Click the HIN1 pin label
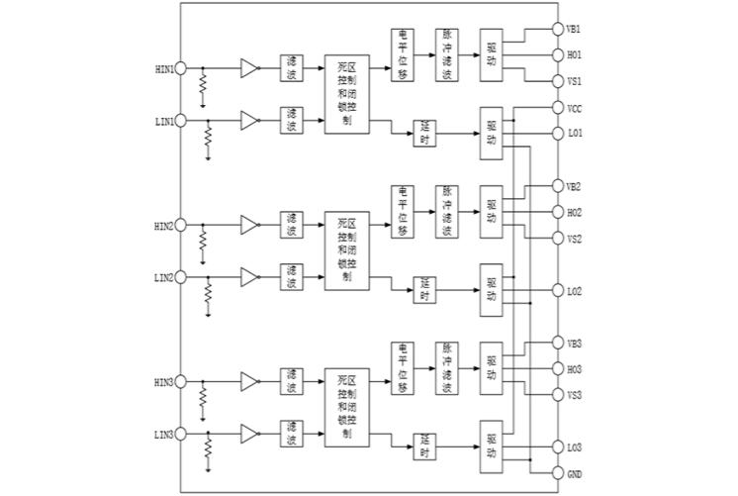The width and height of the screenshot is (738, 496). point(163,69)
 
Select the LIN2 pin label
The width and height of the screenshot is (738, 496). point(163,277)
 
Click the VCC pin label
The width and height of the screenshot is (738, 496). point(575,107)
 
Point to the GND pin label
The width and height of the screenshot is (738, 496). point(575,472)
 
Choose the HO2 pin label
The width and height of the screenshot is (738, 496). point(575,212)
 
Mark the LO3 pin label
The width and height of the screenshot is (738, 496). point(575,446)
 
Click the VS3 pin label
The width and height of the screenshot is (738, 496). point(575,394)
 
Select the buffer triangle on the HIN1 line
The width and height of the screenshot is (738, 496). point(249,68)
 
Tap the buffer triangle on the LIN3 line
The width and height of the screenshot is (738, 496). point(249,434)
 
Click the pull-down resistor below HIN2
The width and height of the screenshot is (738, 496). point(202,243)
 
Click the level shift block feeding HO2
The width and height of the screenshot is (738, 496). point(403,211)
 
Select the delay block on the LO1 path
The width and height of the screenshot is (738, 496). point(424,133)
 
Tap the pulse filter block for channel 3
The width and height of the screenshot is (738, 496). point(447,367)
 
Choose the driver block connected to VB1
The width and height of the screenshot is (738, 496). point(492,54)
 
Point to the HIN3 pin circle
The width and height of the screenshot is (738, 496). point(181,382)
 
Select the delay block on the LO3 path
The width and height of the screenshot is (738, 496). point(424,446)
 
